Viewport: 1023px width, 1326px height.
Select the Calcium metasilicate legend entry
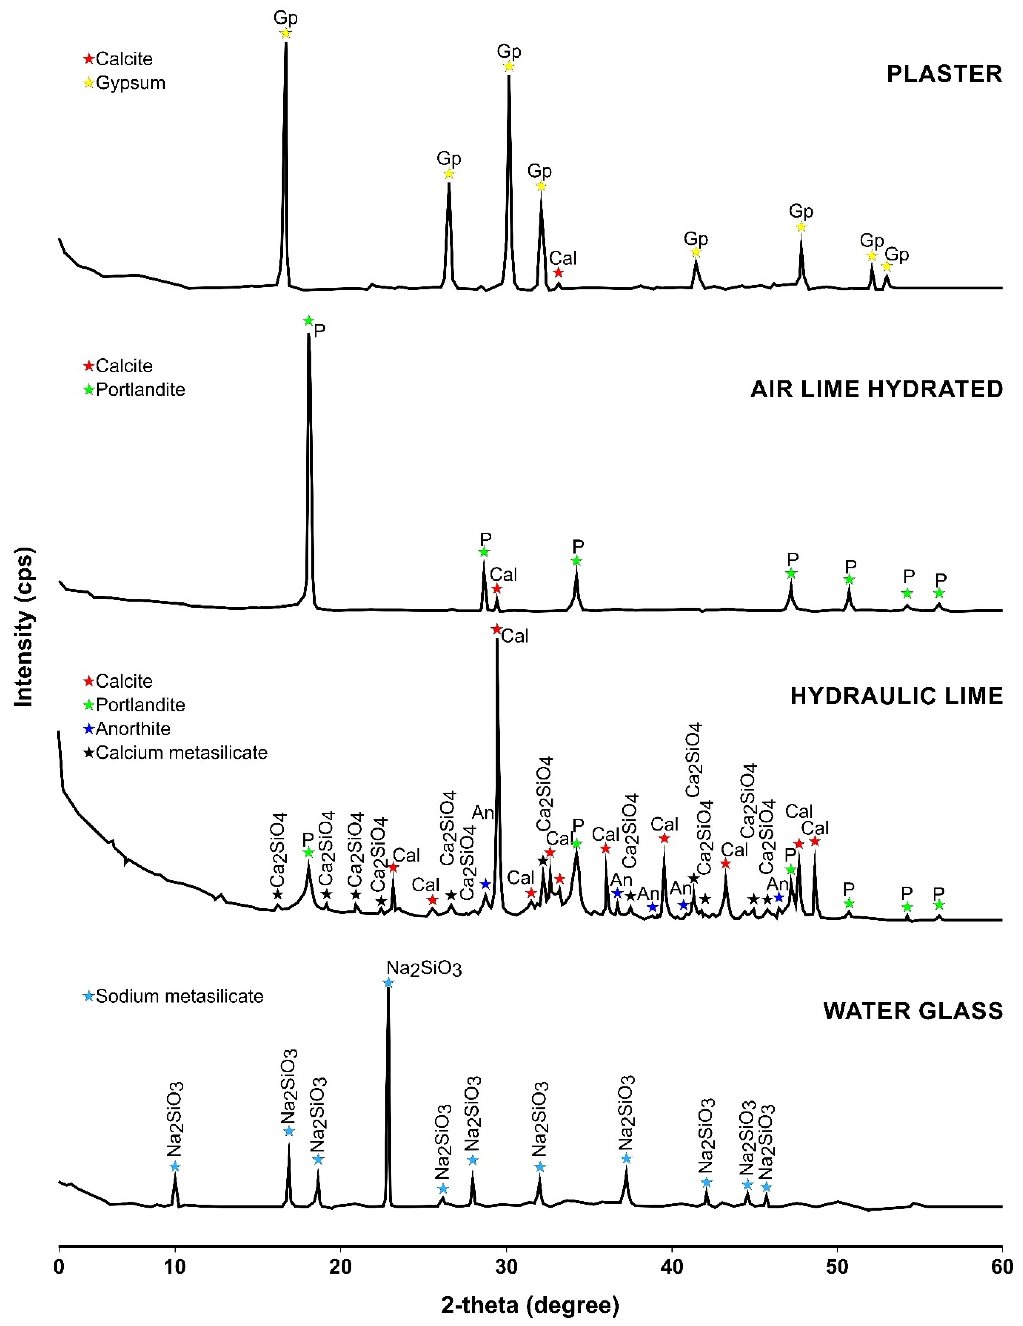point(175,753)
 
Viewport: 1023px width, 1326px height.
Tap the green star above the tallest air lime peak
point(308,320)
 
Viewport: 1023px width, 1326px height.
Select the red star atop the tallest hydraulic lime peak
point(496,630)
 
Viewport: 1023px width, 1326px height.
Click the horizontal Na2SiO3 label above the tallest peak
point(424,968)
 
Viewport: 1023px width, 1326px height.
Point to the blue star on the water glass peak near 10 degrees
point(175,1166)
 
